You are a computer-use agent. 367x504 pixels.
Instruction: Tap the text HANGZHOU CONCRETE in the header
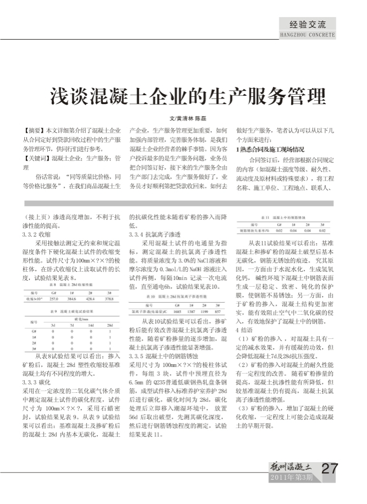[x=308, y=34]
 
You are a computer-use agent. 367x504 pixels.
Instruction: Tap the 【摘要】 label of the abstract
[x=35, y=130]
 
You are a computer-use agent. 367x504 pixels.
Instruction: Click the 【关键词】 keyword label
[x=37, y=158]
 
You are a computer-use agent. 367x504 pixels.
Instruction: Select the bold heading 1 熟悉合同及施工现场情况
[x=270, y=149]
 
